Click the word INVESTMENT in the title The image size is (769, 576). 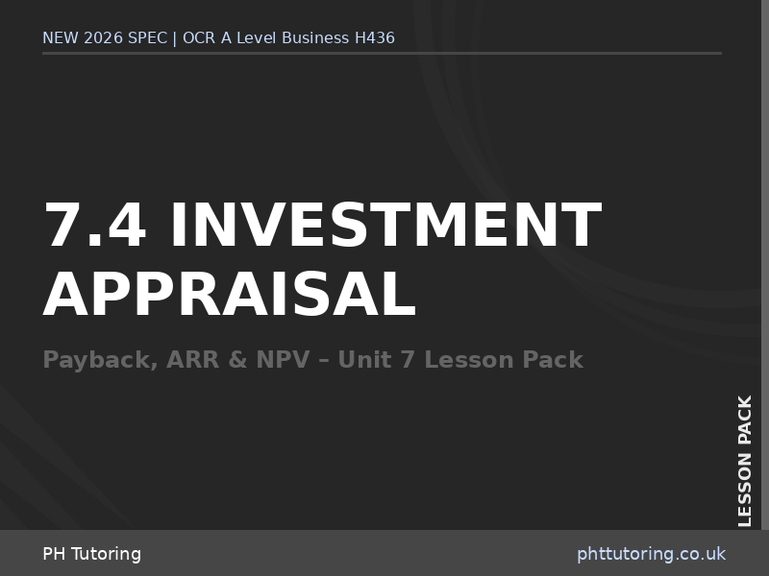pos(385,226)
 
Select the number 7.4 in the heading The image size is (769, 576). pos(95,226)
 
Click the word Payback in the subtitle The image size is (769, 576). pos(99,361)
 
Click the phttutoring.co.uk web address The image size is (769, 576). pos(651,554)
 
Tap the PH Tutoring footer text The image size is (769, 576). pos(91,554)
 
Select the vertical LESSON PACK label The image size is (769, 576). pos(745,461)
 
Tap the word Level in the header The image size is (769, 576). pos(252,38)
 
